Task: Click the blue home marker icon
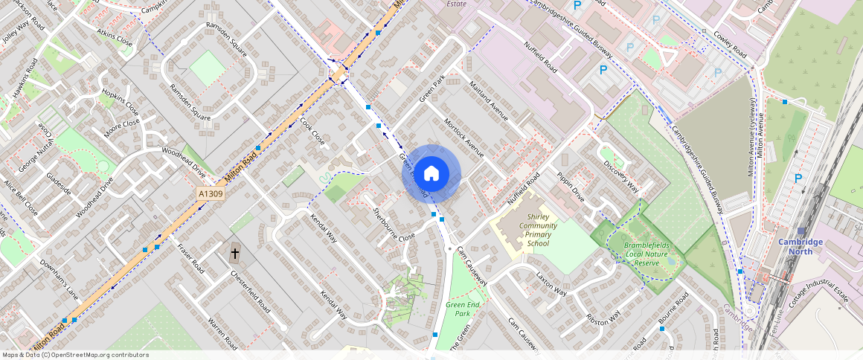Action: (431, 174)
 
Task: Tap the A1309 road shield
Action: (211, 193)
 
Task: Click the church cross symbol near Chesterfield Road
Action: (235, 254)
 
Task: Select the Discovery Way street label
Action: (620, 174)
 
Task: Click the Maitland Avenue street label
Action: (489, 103)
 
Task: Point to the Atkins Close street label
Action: (115, 38)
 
